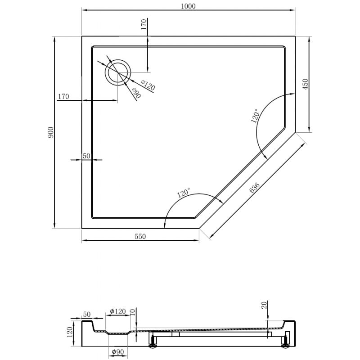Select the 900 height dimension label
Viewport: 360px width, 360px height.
[51, 132]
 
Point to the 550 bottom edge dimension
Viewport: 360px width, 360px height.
[140, 237]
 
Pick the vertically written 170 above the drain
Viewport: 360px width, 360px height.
[144, 24]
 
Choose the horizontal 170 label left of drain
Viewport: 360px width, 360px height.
[63, 96]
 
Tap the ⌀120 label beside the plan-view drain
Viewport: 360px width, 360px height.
[147, 85]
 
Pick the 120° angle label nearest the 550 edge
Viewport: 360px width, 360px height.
[184, 194]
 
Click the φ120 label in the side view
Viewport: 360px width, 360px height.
[118, 311]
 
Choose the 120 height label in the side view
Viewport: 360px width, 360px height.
[70, 332]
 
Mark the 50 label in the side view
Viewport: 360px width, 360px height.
[86, 314]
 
